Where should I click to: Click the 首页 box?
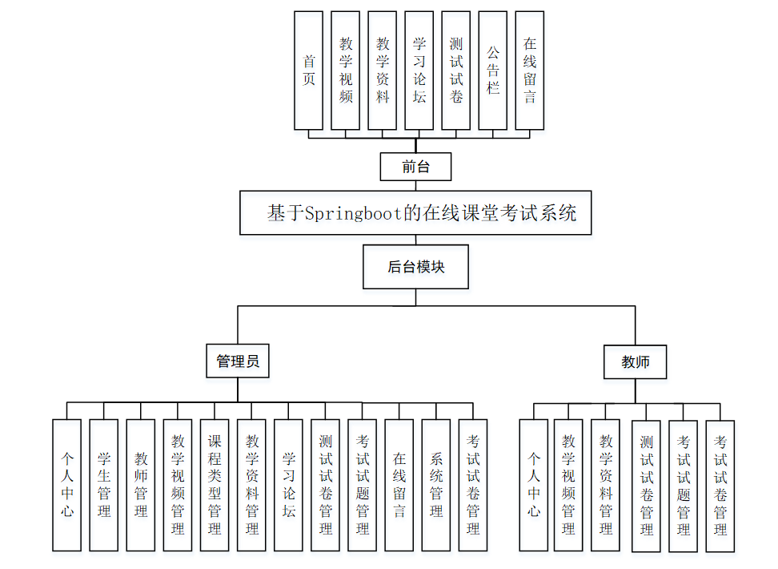coord(309,71)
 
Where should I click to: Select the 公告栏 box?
coord(493,71)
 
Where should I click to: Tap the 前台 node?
coord(415,167)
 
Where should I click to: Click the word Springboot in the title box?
coord(353,213)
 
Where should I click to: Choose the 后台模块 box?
coord(415,267)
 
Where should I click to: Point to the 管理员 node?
coord(238,361)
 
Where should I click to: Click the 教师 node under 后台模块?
coord(636,362)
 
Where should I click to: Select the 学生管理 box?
coord(104,485)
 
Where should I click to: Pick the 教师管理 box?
coord(141,485)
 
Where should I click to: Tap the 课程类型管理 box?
coord(215,485)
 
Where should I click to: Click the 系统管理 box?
coord(436,485)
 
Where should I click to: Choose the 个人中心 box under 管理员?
coord(67,485)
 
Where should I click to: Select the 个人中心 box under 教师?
coord(534,485)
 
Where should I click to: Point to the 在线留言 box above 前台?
coord(530,71)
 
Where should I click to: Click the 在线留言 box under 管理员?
coord(399,485)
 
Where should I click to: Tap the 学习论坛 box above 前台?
coord(419,71)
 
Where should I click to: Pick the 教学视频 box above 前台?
coord(346,71)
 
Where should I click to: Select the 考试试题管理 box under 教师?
coord(684,486)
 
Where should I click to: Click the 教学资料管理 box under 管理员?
coord(251,485)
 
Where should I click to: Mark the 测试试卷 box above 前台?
coord(456,71)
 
